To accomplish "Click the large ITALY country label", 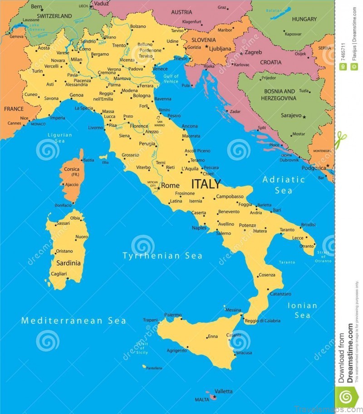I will point(206,184).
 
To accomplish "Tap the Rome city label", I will point(170,185).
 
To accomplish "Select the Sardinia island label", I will point(69,263).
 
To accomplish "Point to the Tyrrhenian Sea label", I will point(162,256).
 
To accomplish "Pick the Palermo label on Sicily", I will point(173,315).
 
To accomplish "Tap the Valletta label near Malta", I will point(223,391).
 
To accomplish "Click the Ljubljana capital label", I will point(220,49).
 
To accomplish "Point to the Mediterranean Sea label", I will point(74,320).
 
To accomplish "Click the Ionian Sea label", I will point(302,310).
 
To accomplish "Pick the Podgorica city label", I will point(314,168).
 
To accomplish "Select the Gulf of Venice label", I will point(171,79).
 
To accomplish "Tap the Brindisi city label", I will point(308,224).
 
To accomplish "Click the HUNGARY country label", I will point(304,19).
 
